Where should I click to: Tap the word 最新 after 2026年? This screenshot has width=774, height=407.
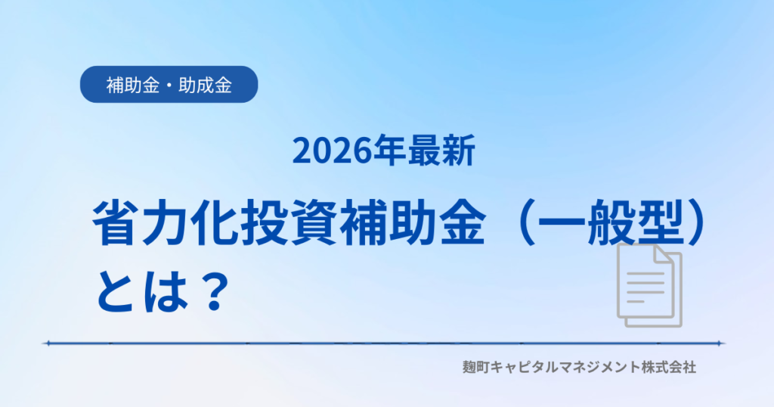click(441, 151)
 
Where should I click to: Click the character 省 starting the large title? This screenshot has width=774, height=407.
click(114, 222)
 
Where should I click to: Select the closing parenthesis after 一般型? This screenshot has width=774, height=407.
click(699, 222)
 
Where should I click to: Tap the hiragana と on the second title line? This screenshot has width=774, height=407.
click(116, 291)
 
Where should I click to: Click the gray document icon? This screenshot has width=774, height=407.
click(649, 285)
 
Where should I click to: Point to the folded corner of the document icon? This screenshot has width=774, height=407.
click(663, 253)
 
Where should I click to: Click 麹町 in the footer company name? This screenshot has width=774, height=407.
click(476, 367)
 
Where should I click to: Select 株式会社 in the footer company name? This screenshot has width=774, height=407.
click(669, 367)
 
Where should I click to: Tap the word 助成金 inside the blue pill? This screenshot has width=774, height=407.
click(206, 85)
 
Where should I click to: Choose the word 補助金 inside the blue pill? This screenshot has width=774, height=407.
click(133, 85)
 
